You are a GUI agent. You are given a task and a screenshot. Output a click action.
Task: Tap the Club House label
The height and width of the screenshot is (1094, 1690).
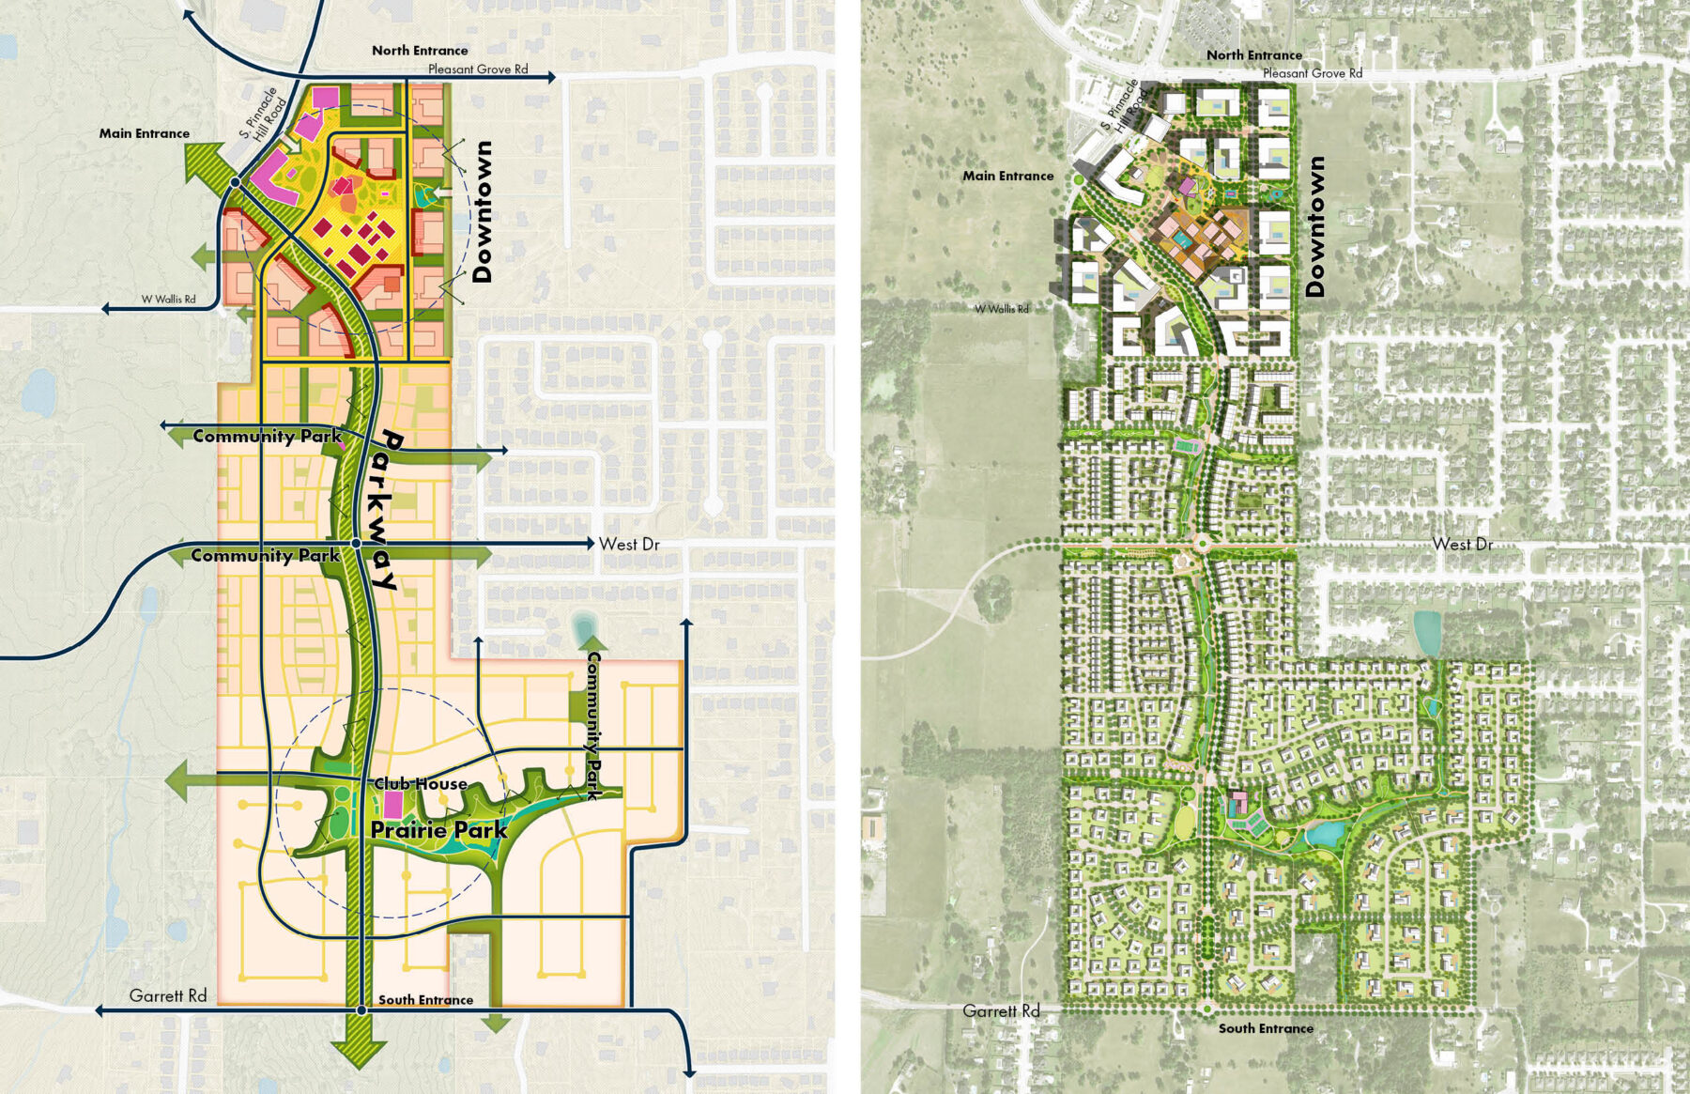point(421,783)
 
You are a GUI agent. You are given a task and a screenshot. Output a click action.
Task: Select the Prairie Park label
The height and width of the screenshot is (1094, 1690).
point(438,830)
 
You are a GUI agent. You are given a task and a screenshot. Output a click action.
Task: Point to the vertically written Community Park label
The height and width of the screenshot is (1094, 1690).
point(594,725)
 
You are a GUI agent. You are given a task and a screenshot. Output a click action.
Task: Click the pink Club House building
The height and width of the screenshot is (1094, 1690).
point(392,805)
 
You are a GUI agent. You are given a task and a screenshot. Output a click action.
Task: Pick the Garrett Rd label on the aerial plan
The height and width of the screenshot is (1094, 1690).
point(1001,1010)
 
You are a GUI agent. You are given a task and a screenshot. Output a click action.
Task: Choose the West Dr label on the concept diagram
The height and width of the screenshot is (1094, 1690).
point(629,544)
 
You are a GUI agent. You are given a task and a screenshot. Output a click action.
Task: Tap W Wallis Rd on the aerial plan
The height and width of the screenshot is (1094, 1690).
point(1001,309)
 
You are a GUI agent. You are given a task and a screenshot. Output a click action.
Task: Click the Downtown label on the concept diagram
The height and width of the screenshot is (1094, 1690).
point(483,211)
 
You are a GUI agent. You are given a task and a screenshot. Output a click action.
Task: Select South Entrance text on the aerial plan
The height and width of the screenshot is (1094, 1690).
point(1266,1028)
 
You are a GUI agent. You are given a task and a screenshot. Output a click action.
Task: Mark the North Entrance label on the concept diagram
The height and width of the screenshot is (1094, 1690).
point(420,51)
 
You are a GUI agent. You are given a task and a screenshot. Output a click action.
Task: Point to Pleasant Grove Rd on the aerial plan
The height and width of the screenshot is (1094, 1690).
point(1312,73)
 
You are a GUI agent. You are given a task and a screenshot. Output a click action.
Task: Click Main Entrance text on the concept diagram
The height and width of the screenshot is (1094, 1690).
point(145,133)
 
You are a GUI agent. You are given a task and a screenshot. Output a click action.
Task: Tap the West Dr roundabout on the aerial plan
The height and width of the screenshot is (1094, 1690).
point(1201,544)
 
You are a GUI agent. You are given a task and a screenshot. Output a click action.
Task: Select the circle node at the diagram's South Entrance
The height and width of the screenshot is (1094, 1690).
point(361,1010)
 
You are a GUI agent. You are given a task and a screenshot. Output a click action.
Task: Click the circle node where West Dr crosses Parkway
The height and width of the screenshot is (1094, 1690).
point(357,544)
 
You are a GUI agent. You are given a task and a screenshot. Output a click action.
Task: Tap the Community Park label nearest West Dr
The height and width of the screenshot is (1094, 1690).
point(265,556)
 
